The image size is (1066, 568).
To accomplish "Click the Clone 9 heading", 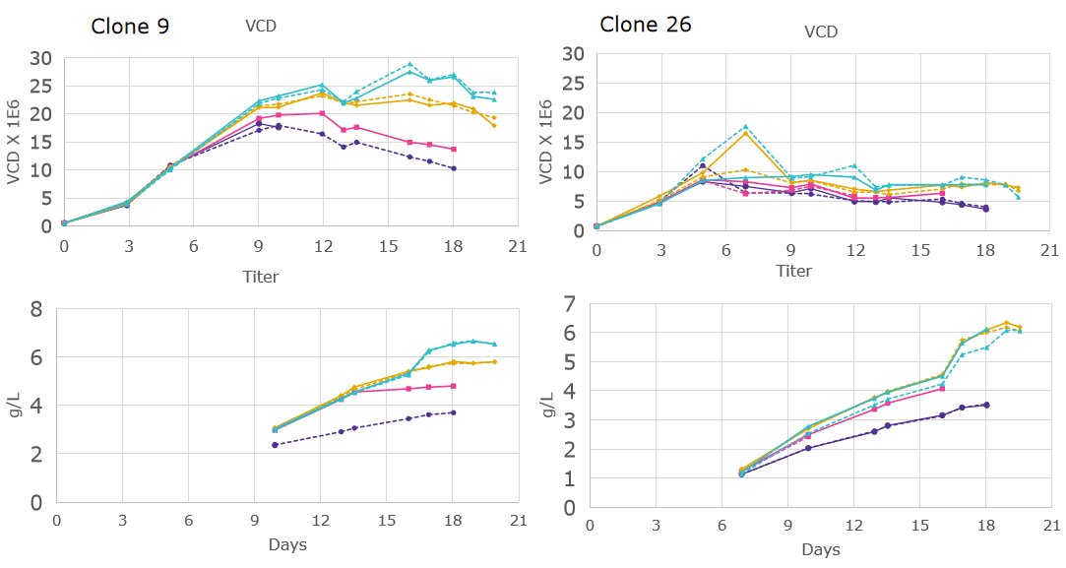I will [129, 27].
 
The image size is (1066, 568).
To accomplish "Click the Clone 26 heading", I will [645, 25].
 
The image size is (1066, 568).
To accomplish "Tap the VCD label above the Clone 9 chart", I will [261, 27].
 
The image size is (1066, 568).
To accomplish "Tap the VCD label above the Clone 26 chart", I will [820, 32].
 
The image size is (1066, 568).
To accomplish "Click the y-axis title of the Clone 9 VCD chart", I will [13, 143].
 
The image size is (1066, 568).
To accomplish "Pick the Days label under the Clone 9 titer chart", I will [287, 544].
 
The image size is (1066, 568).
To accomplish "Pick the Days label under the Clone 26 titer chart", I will [820, 549].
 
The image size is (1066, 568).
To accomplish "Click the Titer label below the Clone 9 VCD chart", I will [261, 277].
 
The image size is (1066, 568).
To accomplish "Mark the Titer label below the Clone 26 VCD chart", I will [793, 271].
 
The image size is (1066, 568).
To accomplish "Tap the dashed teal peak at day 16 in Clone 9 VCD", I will [409, 64].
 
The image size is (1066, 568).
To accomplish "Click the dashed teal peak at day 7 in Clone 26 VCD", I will [745, 127].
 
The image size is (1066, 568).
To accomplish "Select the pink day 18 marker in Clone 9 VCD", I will [453, 150].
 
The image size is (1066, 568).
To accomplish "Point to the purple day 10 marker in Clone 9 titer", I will [275, 445].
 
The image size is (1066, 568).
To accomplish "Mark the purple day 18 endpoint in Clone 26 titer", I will [986, 405].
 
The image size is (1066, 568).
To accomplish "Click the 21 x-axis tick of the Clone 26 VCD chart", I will [1050, 250].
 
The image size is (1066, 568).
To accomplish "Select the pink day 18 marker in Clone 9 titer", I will [453, 386].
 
